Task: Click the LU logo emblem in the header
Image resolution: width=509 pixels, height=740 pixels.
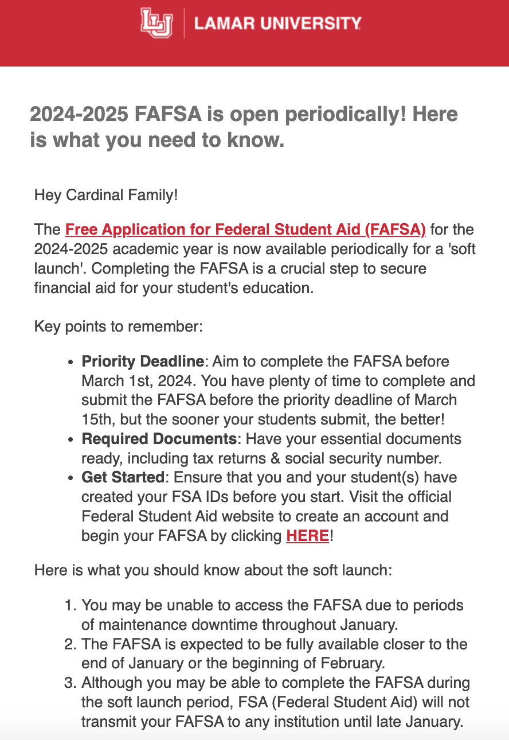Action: tap(156, 23)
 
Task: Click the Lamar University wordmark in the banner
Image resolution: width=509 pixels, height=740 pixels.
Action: tap(278, 24)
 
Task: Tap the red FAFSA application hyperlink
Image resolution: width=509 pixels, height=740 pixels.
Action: tap(245, 230)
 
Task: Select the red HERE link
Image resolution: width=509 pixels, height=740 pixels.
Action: tap(307, 536)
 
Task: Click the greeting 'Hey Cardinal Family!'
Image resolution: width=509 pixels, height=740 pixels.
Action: tap(106, 195)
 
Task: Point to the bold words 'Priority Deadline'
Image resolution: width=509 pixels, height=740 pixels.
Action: tap(143, 362)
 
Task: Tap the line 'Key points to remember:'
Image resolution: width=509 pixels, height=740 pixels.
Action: tap(119, 327)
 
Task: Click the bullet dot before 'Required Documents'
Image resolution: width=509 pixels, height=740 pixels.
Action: tap(71, 440)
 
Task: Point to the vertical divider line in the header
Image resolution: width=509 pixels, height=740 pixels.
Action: tap(184, 24)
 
